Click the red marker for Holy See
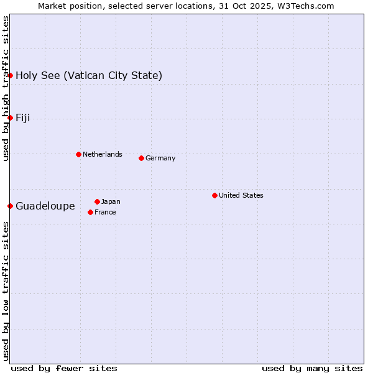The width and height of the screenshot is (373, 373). pos(11,75)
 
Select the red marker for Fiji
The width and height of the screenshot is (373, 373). pos(11,117)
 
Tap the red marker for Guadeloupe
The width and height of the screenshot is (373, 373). pos(11,206)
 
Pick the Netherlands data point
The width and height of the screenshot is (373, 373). pos(78,154)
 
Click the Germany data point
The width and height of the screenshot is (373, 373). pos(141,158)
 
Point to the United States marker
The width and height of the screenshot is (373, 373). pos(214,195)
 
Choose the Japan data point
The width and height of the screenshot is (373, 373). pos(97,201)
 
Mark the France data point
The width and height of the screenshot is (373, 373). pos(91,212)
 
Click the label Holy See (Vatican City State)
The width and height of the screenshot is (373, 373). pos(89,76)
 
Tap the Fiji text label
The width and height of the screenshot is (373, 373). pos(23,118)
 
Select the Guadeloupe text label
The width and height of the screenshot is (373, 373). pos(45,206)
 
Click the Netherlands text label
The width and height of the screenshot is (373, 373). pos(103,154)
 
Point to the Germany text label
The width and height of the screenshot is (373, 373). pos(160,158)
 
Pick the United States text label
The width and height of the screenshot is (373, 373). pos(241,195)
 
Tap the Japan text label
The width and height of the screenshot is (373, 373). pos(111,201)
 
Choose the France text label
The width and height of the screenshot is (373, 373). pos(106,212)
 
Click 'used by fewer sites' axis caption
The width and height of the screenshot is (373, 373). pos(64,368)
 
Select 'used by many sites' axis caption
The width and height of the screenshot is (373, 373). pos(312,368)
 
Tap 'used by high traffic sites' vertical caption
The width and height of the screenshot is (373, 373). pos(6,88)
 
